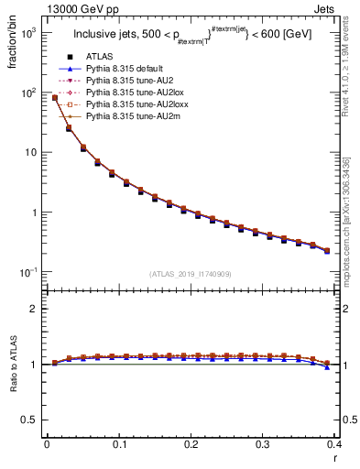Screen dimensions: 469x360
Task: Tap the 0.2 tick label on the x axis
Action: coord(191,444)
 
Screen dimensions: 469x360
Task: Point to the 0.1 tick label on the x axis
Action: coord(118,444)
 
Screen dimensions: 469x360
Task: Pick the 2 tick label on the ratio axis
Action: coord(34,309)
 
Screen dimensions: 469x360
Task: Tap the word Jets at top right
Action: coord(339,8)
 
